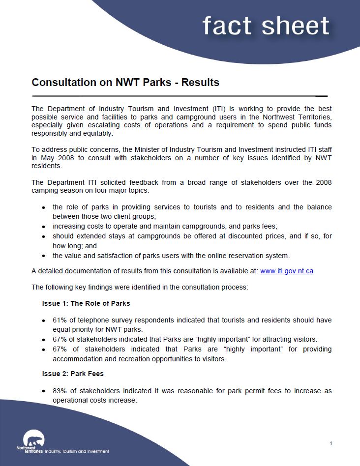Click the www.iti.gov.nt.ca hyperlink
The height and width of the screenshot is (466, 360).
coord(286,271)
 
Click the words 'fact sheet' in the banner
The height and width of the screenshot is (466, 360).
coord(266,26)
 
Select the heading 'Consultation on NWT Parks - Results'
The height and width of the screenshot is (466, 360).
coord(125,82)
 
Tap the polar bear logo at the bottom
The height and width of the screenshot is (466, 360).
coord(33,439)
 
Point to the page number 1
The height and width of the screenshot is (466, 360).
coord(331,443)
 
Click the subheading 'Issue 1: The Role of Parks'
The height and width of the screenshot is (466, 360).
coord(86,303)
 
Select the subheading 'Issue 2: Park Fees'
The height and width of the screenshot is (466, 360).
coord(73,374)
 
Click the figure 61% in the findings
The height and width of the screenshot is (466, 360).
coord(60,320)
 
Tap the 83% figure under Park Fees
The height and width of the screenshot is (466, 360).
coord(60,391)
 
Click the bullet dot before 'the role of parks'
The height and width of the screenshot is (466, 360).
coord(44,207)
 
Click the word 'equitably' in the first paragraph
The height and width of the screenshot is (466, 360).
coord(98,133)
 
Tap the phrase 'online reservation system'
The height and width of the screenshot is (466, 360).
coord(250,256)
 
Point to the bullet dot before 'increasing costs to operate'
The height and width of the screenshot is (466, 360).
coord(44,227)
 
